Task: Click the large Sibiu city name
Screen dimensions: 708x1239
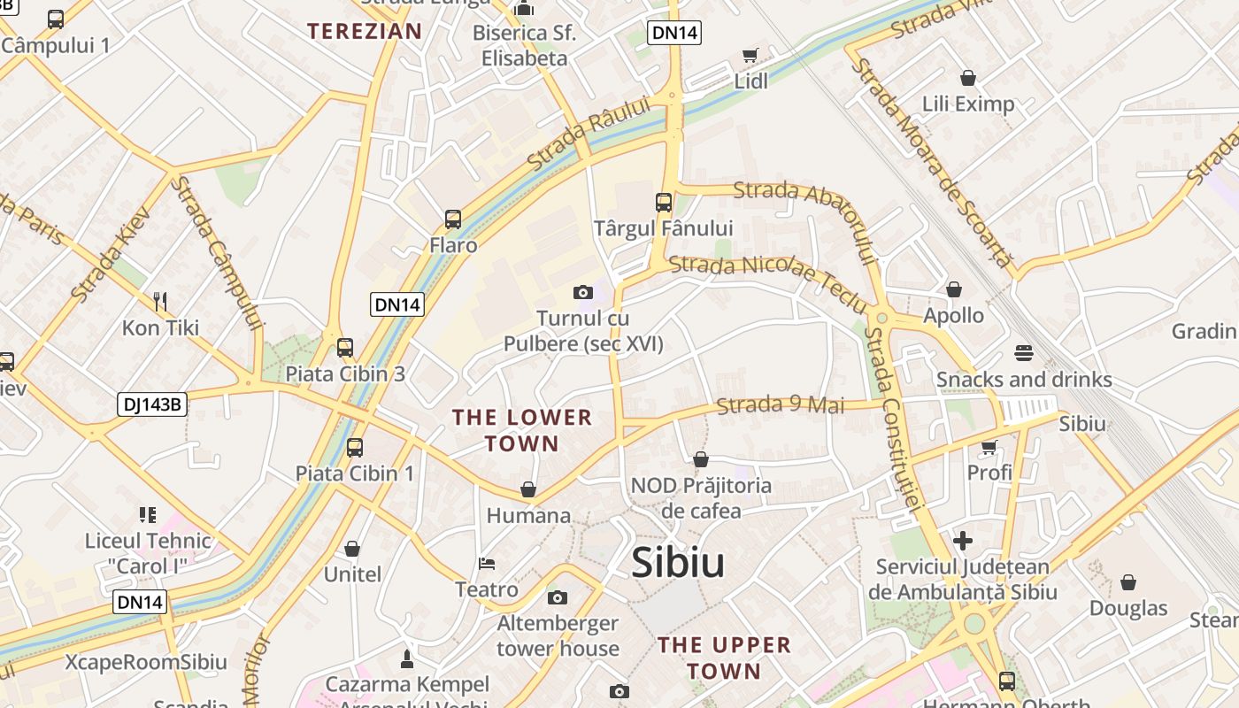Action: [x=678, y=563]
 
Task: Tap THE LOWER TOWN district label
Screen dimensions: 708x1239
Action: [x=522, y=430]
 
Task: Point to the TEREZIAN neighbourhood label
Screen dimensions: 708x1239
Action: [x=365, y=31]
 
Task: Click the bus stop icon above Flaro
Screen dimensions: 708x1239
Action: [x=453, y=219]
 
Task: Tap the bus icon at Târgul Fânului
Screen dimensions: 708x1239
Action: [x=664, y=203]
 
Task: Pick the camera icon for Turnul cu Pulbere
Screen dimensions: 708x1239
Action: [x=582, y=292]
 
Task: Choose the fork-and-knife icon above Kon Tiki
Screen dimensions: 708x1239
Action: [x=160, y=302]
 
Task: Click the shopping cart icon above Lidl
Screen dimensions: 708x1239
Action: [x=750, y=56]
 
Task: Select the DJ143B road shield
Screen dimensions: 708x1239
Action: [x=152, y=405]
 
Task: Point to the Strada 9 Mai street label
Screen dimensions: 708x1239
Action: [x=780, y=405]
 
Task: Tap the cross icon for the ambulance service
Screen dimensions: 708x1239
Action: [x=963, y=540]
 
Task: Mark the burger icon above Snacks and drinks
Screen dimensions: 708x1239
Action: [x=1024, y=353]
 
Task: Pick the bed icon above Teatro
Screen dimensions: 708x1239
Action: [x=486, y=563]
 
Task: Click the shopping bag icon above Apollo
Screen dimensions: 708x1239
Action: [x=954, y=289]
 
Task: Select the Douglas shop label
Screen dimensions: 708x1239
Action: [x=1128, y=608]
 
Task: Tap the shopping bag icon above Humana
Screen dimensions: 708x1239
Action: [x=528, y=489]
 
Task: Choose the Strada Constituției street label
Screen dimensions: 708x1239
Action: [x=894, y=416]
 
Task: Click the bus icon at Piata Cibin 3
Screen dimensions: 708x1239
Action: [x=345, y=348]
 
